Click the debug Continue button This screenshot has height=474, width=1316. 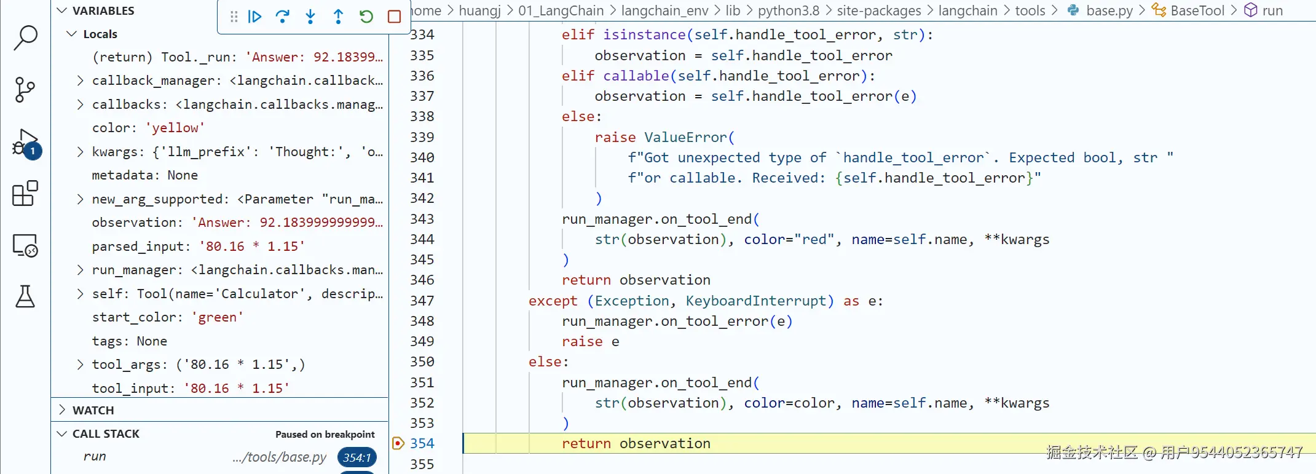pyautogui.click(x=254, y=17)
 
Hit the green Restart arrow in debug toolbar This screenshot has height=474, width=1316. pyautogui.click(x=366, y=17)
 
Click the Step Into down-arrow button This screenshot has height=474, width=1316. pyautogui.click(x=310, y=17)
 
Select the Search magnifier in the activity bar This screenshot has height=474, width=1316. pyautogui.click(x=25, y=38)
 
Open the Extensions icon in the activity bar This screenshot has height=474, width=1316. pyautogui.click(x=25, y=194)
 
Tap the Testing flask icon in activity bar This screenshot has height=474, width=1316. pyautogui.click(x=25, y=297)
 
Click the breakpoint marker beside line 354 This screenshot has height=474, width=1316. pyautogui.click(x=398, y=443)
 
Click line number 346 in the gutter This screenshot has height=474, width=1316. pyautogui.click(x=422, y=280)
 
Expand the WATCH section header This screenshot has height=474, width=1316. pyautogui.click(x=93, y=410)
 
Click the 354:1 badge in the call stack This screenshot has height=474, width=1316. pyautogui.click(x=357, y=457)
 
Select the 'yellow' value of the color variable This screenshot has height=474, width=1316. pyautogui.click(x=175, y=128)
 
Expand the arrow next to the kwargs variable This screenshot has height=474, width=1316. pyautogui.click(x=80, y=152)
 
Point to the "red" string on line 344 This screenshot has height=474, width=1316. pyautogui.click(x=814, y=240)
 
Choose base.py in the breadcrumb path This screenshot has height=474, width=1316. pyautogui.click(x=1109, y=10)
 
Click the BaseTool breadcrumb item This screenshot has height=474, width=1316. pyautogui.click(x=1197, y=10)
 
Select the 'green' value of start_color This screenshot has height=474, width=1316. pyautogui.click(x=217, y=317)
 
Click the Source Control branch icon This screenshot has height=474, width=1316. pyautogui.click(x=25, y=90)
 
